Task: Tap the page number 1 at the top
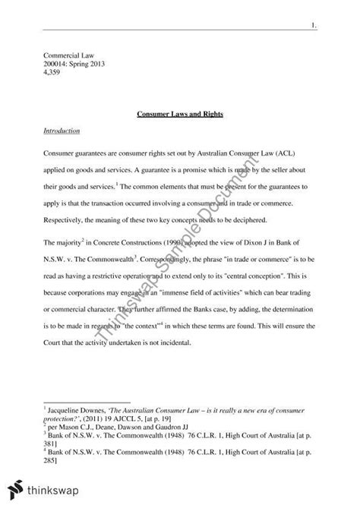(x=314, y=26)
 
